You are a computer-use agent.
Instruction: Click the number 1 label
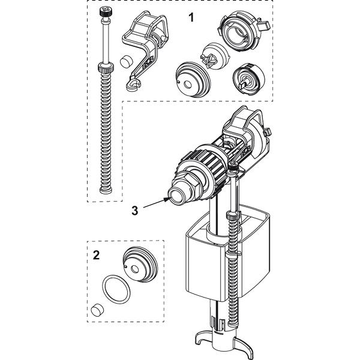(191, 17)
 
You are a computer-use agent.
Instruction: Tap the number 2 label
(97, 255)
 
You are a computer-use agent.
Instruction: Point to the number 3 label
(136, 211)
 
